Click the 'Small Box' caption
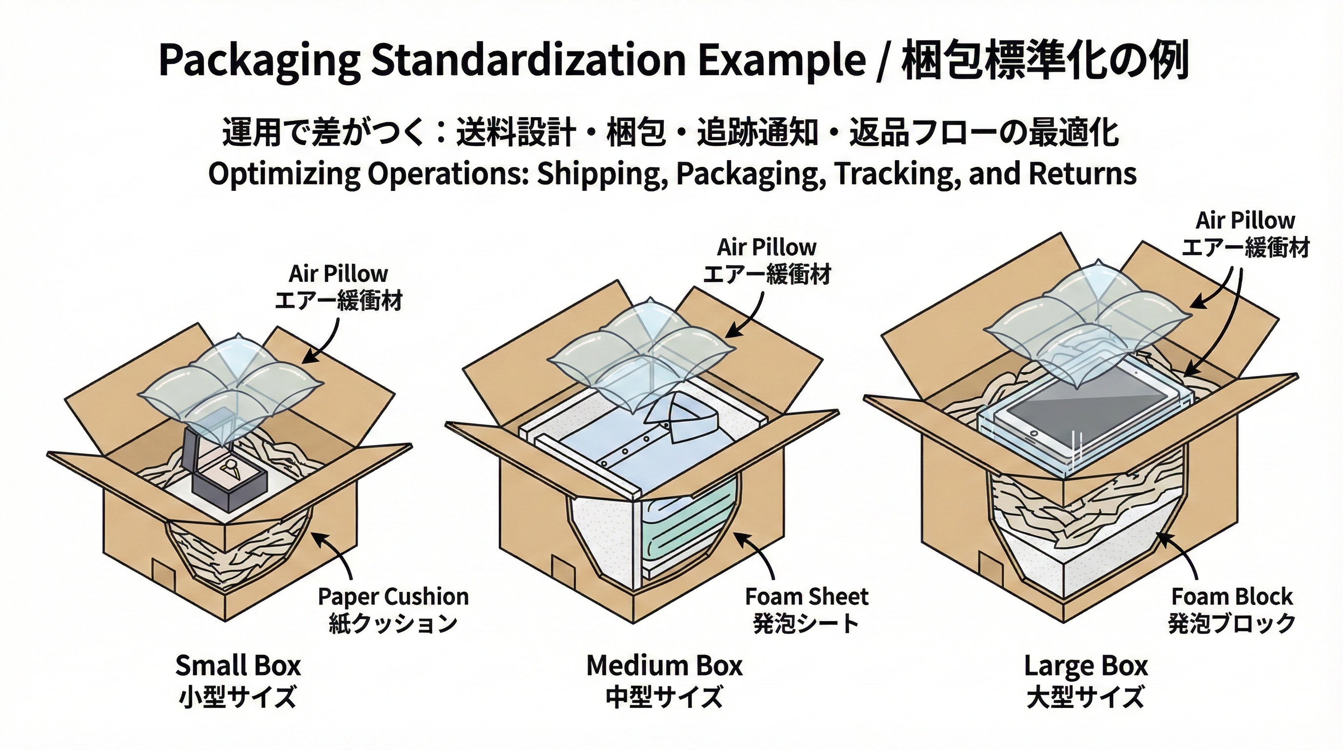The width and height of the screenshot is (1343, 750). pyautogui.click(x=238, y=666)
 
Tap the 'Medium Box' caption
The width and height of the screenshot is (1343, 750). pyautogui.click(x=664, y=666)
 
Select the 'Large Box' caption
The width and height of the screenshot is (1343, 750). pyautogui.click(x=1086, y=666)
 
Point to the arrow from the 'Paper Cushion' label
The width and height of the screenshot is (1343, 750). pyautogui.click(x=339, y=553)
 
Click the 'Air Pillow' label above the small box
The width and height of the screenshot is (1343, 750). pyautogui.click(x=338, y=274)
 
